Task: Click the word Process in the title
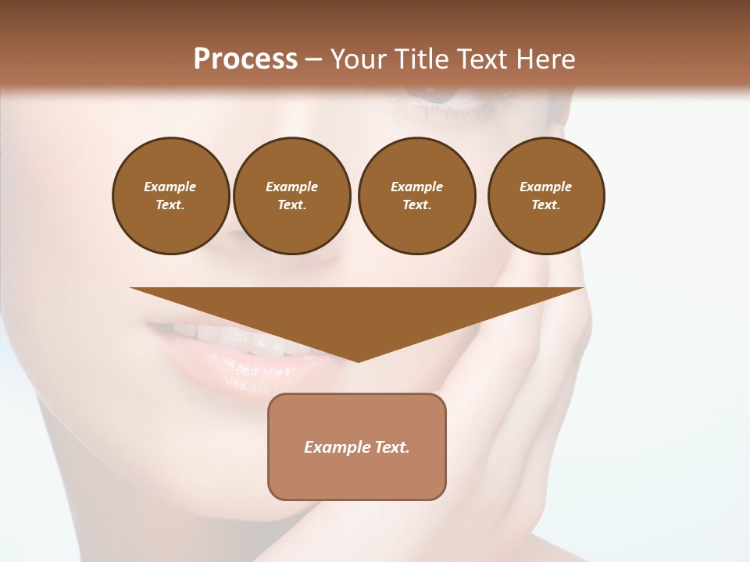click(x=245, y=59)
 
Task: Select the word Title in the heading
click(x=424, y=59)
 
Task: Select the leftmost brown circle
click(x=171, y=196)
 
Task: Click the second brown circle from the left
click(x=292, y=196)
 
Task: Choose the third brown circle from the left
click(x=416, y=196)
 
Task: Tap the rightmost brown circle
click(x=546, y=196)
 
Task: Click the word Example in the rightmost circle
click(x=546, y=187)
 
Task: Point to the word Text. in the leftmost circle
click(x=170, y=205)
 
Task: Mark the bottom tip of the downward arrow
click(x=358, y=360)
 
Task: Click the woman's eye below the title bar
click(x=437, y=98)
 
